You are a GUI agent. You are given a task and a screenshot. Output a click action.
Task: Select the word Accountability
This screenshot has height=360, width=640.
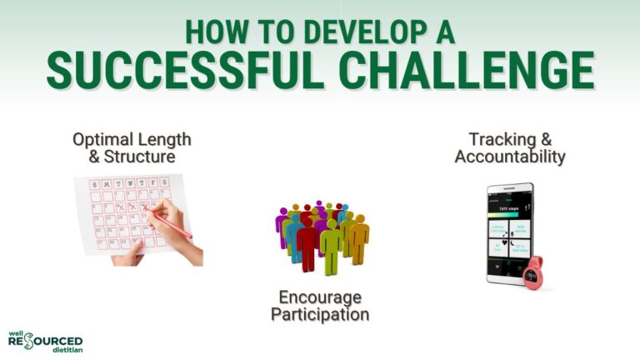(x=510, y=156)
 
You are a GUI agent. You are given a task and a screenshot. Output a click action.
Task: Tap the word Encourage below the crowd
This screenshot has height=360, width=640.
(x=320, y=297)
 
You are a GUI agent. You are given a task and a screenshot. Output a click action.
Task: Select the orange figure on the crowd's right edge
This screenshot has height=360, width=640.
(x=359, y=238)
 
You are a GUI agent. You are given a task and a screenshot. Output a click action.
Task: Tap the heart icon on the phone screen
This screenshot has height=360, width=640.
(x=510, y=236)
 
